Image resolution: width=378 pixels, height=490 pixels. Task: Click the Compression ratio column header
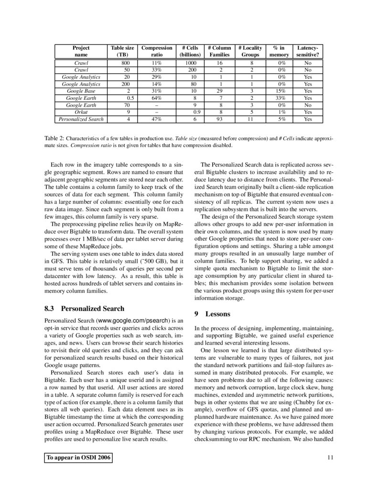pos(157,51)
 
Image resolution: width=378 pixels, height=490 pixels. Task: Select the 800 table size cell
pos(122,63)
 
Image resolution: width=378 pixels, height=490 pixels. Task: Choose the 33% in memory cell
pos(279,98)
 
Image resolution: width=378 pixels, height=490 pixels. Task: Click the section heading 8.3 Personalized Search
pos(84,309)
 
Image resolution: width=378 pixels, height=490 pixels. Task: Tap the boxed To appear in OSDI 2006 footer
pos(78,458)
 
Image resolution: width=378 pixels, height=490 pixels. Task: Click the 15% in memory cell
pos(279,90)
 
